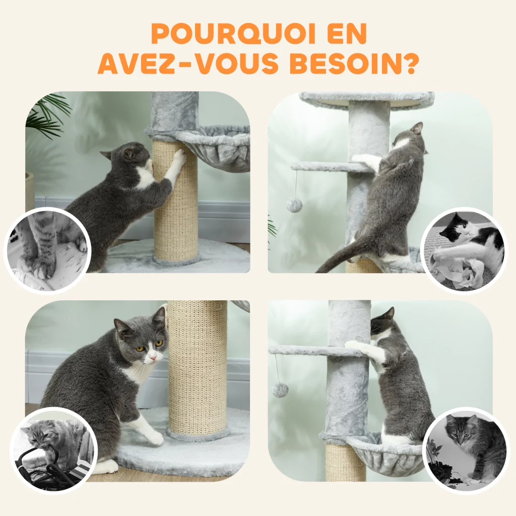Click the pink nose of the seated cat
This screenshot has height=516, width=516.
(152, 357)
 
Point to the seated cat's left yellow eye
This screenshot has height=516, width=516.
(159, 343)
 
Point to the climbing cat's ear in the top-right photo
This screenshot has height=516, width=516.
(418, 127)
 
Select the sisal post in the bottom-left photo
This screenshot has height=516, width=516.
(197, 368)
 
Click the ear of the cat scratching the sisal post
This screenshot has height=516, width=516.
(128, 153)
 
